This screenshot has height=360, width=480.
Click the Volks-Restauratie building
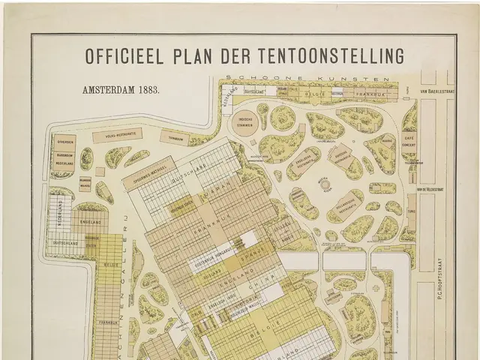coord(118,135)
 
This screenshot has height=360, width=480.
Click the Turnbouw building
coord(176,139)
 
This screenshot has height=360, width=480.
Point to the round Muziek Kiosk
coord(325,184)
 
